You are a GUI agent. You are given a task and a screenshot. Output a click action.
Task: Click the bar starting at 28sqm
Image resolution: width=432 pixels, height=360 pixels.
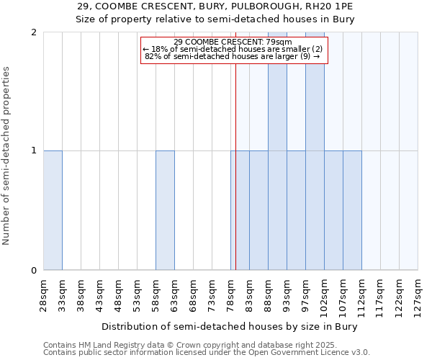53,210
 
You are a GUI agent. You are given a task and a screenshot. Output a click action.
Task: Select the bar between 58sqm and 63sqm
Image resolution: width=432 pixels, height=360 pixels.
165,210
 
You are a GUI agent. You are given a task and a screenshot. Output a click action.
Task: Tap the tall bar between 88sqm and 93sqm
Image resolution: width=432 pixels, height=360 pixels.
277,151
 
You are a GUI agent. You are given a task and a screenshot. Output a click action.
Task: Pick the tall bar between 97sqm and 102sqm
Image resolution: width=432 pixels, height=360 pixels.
315,151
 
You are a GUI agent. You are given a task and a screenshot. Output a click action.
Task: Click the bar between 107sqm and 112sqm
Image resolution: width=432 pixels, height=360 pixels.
352,210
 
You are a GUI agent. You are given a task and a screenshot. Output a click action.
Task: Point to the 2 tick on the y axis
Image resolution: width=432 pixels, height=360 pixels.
35,32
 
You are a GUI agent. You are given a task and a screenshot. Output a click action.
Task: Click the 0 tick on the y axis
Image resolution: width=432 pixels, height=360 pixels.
35,271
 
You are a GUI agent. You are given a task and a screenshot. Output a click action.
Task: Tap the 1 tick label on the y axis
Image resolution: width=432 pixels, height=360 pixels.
35,151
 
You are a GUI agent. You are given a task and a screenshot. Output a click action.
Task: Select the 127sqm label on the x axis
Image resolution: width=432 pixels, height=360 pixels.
418,295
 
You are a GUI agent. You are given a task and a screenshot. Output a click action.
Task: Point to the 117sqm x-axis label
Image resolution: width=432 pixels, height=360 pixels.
380,295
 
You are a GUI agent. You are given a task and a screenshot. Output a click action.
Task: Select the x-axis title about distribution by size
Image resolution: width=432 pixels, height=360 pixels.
230,326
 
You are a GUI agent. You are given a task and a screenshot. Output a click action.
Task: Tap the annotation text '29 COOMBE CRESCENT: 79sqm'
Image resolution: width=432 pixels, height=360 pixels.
233,42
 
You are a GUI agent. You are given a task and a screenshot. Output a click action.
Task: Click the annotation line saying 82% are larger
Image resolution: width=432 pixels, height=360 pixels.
233,55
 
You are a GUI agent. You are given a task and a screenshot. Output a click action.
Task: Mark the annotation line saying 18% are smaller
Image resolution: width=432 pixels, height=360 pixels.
233,48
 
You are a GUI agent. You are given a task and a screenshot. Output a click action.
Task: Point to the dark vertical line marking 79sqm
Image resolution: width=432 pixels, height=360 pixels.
235,180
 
